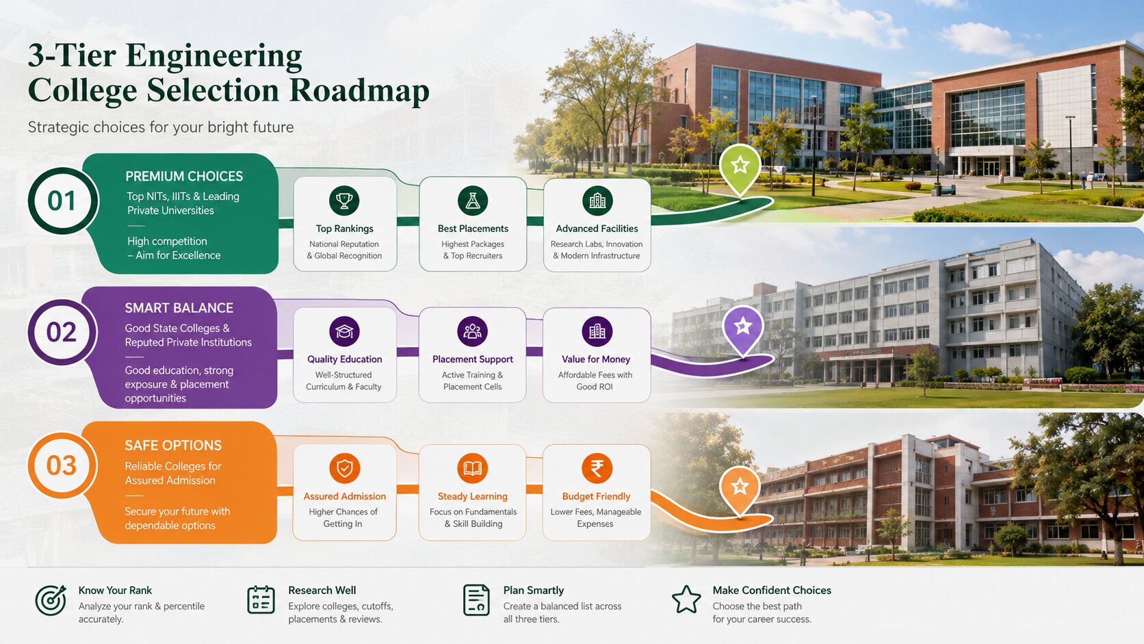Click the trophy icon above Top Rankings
[344, 201]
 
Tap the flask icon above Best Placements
[472, 201]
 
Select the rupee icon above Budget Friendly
[597, 468]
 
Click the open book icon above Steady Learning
[472, 468]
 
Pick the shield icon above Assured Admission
[344, 468]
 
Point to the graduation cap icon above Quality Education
[344, 331]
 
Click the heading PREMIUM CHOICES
[184, 176]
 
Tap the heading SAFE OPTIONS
[173, 446]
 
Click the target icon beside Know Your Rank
[51, 600]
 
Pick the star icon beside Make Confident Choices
[686, 600]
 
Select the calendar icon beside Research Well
[261, 600]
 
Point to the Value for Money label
[596, 359]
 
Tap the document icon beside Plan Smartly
[476, 600]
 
